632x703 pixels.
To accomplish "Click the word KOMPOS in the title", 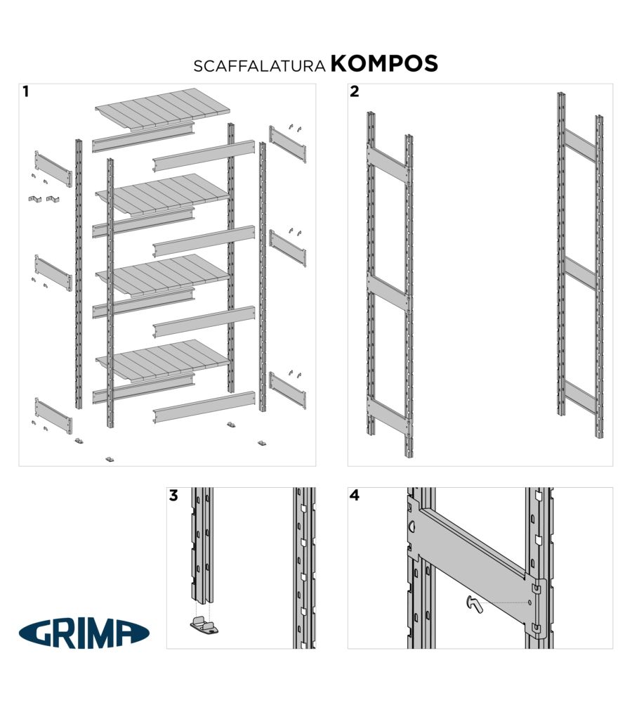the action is (384, 64).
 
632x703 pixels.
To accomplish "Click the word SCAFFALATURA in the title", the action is (259, 66).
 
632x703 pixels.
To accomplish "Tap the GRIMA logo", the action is (84, 633).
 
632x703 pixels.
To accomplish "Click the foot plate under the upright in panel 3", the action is (204, 626).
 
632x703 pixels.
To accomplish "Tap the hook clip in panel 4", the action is (474, 605).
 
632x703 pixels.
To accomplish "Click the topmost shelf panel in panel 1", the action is (163, 108).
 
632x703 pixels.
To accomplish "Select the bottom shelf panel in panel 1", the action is (163, 360).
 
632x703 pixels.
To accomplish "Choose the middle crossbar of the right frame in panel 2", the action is (580, 273).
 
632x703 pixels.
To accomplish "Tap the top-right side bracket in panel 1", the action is (287, 144).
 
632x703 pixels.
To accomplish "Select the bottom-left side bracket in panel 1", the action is (53, 415).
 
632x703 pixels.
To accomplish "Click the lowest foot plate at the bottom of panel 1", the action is (110, 459).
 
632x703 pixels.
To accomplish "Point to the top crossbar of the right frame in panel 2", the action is (580, 146).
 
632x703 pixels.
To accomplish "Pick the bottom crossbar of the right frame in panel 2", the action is (580, 397).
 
